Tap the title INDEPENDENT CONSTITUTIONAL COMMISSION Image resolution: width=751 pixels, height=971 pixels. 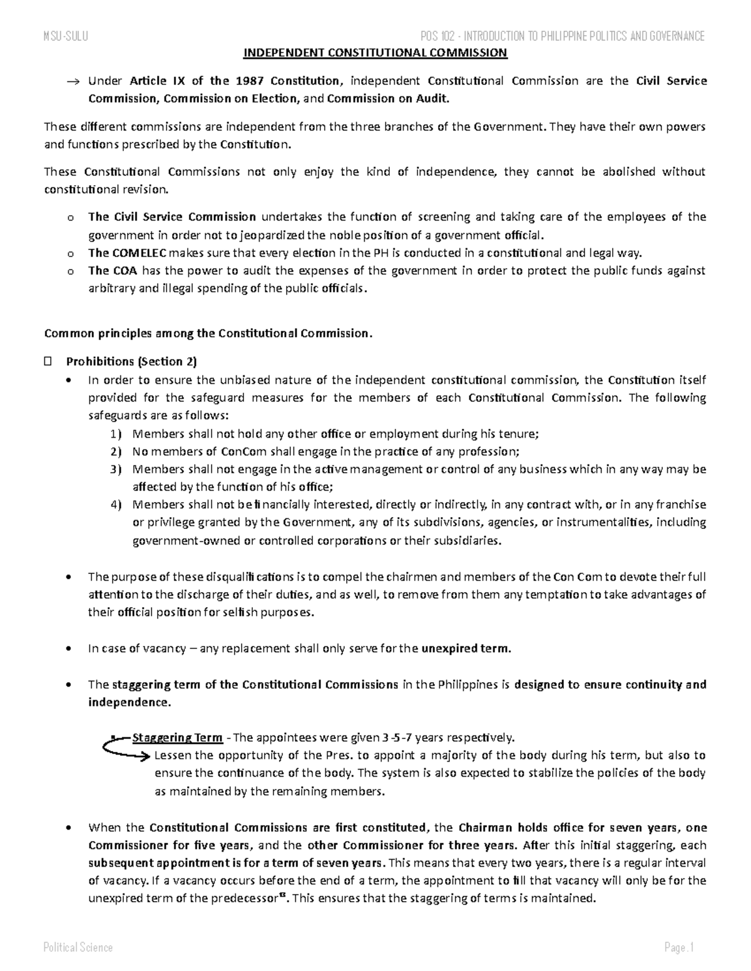coord(375,53)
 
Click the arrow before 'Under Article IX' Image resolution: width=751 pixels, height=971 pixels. coord(73,81)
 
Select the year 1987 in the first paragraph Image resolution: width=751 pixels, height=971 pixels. coord(250,81)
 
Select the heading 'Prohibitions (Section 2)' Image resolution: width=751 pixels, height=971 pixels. coord(131,361)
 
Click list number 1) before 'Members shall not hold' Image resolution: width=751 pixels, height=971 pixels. coord(116,434)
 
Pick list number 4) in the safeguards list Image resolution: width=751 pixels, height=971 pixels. coord(116,505)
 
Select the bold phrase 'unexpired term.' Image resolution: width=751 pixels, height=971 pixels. coord(466,648)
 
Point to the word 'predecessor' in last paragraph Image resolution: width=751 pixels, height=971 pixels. coord(248,898)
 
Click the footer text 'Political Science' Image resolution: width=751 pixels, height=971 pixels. coord(78,947)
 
